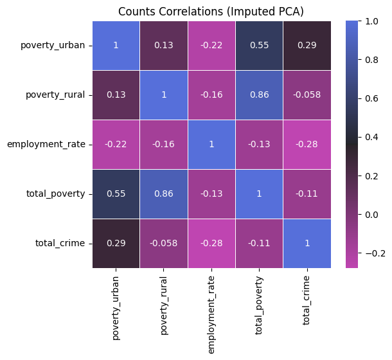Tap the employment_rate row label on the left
tap(46, 144)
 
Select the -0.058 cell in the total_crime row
tap(164, 243)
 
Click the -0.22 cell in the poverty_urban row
tap(213, 45)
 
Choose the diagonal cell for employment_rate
tap(213, 144)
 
